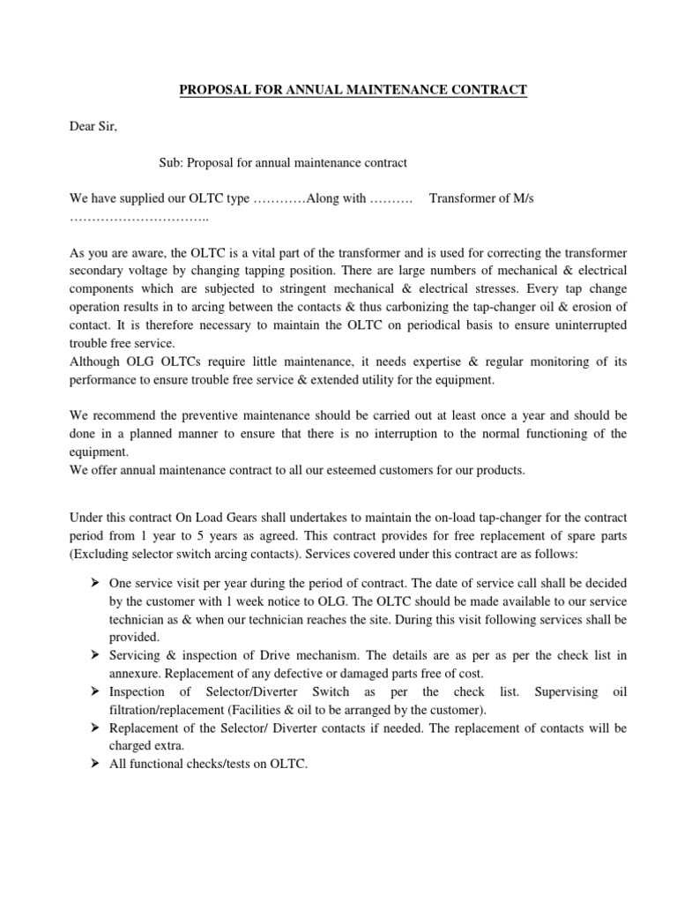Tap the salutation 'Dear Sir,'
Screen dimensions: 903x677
(x=93, y=126)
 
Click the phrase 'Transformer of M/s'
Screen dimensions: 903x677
(x=481, y=198)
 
